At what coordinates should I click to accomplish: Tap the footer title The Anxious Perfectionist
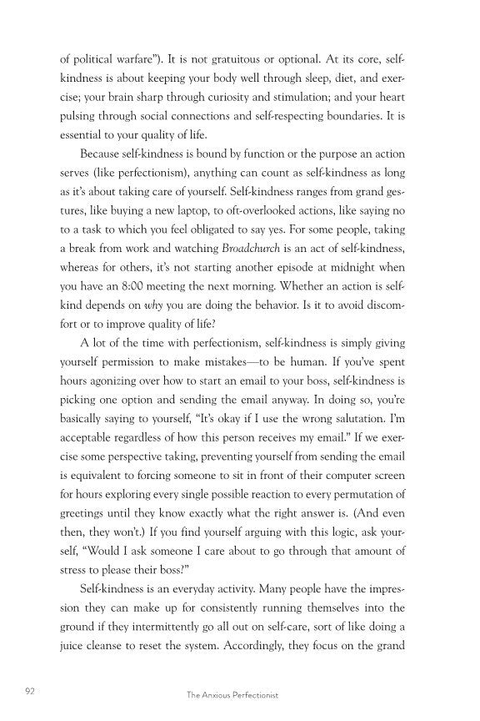pyautogui.click(x=239, y=693)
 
